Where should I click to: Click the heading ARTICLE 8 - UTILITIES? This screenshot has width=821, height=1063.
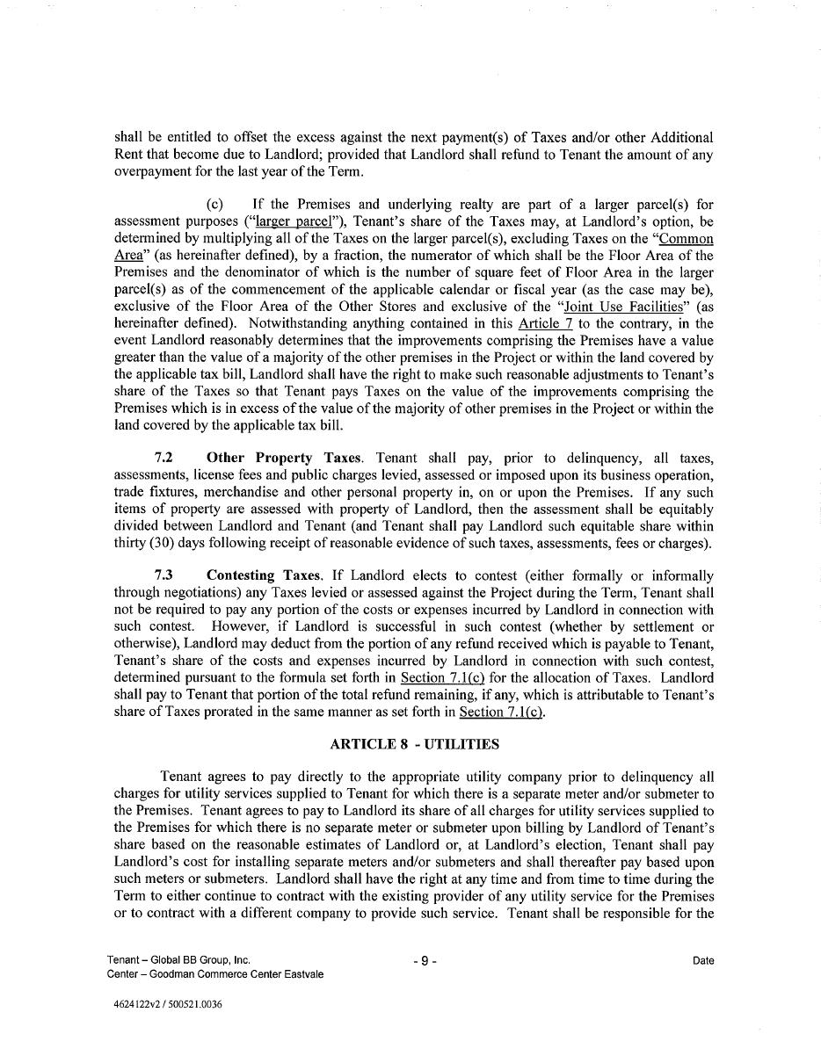414,744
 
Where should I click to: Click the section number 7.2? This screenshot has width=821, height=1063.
163,458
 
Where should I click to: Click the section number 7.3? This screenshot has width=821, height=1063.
163,575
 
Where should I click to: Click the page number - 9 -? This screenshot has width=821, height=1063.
424,961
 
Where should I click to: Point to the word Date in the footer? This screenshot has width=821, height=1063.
703,961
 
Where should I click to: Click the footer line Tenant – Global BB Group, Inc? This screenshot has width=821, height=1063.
178,960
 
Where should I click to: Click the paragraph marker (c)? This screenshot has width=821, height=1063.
215,205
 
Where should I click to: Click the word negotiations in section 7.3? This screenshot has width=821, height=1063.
193,592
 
